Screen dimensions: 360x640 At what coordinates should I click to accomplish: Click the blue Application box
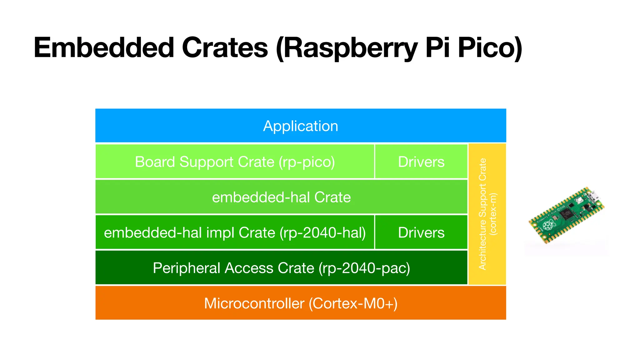[300, 126]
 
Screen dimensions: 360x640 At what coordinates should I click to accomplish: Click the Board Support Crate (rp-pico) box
[235, 162]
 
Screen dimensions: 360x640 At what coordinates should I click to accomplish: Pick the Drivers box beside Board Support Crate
[421, 162]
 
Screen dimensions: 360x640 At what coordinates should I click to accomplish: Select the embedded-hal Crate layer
[281, 197]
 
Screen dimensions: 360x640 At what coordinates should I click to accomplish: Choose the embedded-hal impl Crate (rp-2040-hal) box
[235, 233]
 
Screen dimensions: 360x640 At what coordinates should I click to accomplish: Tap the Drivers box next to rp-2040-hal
[421, 233]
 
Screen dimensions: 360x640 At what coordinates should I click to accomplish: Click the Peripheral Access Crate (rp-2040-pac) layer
[281, 268]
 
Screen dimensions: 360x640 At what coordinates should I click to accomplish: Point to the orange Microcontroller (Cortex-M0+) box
[300, 303]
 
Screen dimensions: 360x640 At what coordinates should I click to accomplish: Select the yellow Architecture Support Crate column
[487, 214]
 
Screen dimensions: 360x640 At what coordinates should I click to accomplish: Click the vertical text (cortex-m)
[493, 214]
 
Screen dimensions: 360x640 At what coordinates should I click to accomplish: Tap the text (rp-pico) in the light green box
[307, 162]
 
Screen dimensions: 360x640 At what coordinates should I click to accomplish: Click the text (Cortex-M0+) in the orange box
[353, 303]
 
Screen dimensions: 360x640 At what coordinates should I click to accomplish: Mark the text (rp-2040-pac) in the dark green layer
[364, 268]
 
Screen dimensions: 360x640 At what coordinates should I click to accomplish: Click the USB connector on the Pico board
[593, 196]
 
